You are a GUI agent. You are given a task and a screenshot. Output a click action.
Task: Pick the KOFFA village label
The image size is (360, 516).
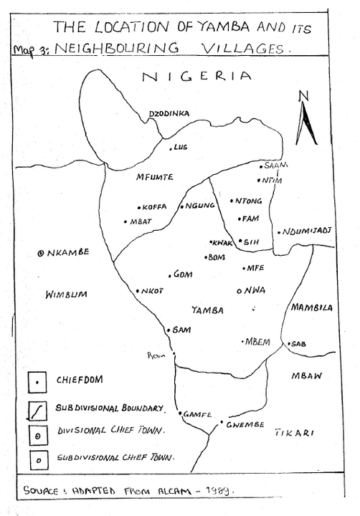point(155,206)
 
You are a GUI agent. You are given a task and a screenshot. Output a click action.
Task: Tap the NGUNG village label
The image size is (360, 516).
point(200,206)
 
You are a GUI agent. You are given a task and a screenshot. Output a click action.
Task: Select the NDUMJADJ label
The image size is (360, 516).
point(308,231)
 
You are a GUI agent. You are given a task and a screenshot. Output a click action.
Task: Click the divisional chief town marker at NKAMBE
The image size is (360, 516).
point(41,253)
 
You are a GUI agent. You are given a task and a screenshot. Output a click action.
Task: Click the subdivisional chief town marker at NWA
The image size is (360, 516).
point(239,290)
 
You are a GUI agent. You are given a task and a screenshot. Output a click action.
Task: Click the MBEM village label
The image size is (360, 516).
point(257,341)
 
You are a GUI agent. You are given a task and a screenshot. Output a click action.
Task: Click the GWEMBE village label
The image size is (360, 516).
point(245,424)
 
